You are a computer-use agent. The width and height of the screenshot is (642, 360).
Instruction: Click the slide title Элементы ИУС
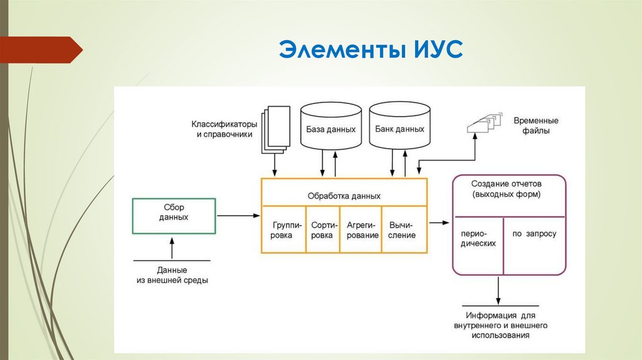coord(371,49)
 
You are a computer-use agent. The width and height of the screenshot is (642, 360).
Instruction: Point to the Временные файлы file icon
coord(485,122)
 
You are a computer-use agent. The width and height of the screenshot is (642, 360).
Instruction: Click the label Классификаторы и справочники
coord(224,129)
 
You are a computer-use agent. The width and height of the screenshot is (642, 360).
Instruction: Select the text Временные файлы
coord(536,125)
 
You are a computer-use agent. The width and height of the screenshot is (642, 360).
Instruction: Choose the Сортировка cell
coord(322,230)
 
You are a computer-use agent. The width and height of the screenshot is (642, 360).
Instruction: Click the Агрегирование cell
coord(360,230)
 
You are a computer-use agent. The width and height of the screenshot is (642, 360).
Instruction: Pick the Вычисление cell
coord(403,230)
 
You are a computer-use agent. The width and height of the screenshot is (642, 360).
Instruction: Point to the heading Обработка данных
coord(344,196)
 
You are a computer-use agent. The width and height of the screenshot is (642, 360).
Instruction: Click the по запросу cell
coord(534,234)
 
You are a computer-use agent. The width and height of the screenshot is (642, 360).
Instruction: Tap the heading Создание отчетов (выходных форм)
coord(509,189)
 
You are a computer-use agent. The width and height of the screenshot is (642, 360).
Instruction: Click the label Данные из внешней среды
coord(172,276)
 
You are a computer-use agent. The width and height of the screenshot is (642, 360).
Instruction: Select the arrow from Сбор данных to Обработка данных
coord(238,216)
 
